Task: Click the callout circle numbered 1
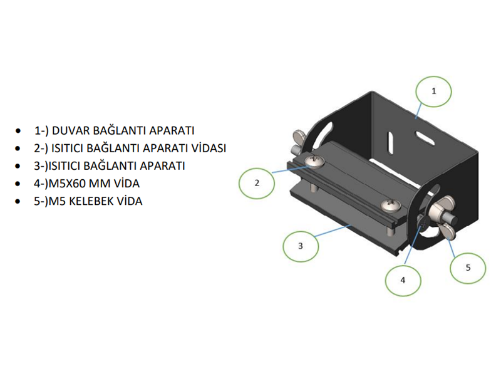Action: (x=433, y=91)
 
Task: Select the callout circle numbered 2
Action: (x=257, y=183)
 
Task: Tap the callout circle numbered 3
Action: (x=300, y=246)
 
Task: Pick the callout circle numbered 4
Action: (x=403, y=280)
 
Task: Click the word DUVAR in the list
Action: (x=71, y=131)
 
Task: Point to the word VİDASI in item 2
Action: (x=207, y=149)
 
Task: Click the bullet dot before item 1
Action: (x=20, y=132)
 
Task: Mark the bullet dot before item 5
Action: (x=20, y=203)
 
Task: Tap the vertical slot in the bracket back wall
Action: (x=390, y=144)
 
